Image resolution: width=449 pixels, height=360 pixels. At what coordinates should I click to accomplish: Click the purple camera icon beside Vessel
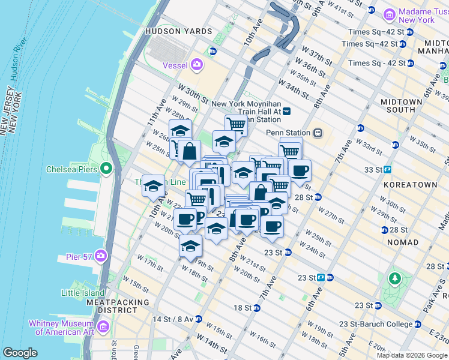(196, 65)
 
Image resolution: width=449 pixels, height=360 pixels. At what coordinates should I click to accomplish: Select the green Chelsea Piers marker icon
(106, 169)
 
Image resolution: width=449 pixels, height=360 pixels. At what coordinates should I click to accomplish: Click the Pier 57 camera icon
(100, 257)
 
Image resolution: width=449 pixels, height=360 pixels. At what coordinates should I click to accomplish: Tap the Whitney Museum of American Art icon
(103, 327)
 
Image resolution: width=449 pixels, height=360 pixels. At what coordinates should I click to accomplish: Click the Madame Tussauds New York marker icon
(390, 14)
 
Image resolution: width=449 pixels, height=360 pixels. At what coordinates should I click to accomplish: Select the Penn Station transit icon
(318, 133)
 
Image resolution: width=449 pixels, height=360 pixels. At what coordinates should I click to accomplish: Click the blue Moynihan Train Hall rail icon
(287, 111)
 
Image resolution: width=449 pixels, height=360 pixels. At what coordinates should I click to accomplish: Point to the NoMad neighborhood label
(403, 242)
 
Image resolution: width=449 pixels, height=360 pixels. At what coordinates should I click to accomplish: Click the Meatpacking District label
(118, 306)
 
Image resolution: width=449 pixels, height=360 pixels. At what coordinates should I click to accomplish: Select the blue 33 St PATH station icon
(388, 169)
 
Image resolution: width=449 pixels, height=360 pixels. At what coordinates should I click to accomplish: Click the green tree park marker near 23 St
(394, 279)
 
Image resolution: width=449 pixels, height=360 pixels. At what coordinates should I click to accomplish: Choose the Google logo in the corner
(20, 353)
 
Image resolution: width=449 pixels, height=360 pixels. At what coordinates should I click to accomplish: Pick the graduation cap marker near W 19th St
(191, 246)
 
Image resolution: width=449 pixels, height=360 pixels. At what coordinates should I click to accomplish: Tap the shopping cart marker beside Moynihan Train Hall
(237, 125)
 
